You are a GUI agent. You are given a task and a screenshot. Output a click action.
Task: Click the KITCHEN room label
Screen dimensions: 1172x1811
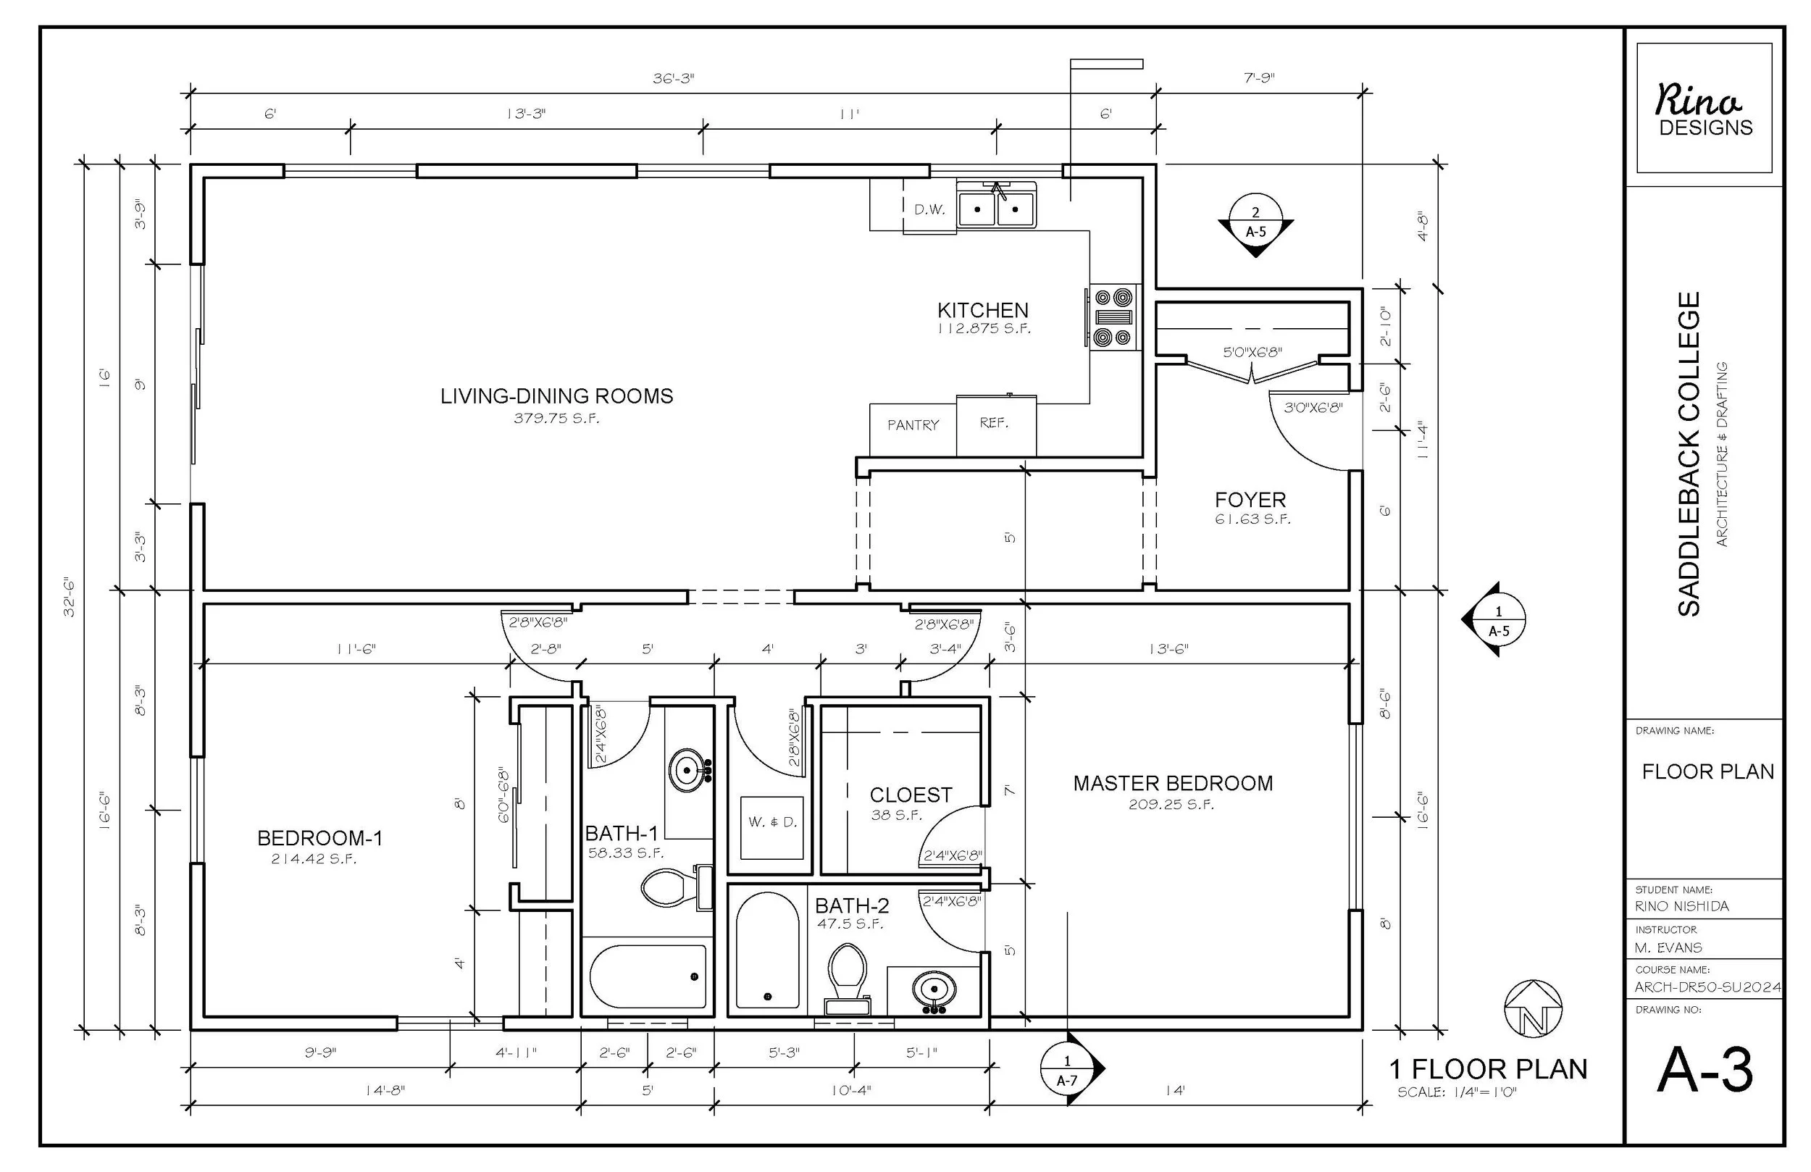982,311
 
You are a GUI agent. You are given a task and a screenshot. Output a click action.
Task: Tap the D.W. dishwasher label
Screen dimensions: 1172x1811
929,210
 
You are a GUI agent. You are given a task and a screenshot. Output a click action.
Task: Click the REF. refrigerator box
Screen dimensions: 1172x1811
995,424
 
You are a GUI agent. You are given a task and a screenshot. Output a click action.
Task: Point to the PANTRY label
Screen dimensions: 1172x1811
912,425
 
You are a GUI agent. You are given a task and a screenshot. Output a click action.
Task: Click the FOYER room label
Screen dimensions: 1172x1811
1250,500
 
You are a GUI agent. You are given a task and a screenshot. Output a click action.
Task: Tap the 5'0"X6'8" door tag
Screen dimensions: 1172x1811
1252,352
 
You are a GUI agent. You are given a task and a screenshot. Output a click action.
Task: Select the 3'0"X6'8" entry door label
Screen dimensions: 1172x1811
1313,408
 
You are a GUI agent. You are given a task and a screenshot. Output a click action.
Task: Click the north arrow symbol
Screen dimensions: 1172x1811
1534,1009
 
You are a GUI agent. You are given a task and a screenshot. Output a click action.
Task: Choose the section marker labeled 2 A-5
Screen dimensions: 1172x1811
1255,222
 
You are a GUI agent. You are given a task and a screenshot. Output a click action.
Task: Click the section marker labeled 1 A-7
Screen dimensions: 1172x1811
1068,1069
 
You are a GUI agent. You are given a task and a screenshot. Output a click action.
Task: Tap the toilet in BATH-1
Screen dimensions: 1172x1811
674,887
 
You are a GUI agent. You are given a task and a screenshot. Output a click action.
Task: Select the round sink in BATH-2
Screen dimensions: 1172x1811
934,990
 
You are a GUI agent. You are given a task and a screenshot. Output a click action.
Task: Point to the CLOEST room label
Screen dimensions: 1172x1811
910,795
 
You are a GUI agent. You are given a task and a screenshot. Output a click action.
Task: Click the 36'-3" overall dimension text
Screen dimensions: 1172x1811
673,78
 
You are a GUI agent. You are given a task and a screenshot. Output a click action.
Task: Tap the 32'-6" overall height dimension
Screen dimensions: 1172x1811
70,597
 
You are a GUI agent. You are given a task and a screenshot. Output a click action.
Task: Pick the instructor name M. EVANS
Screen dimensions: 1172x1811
1668,947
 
